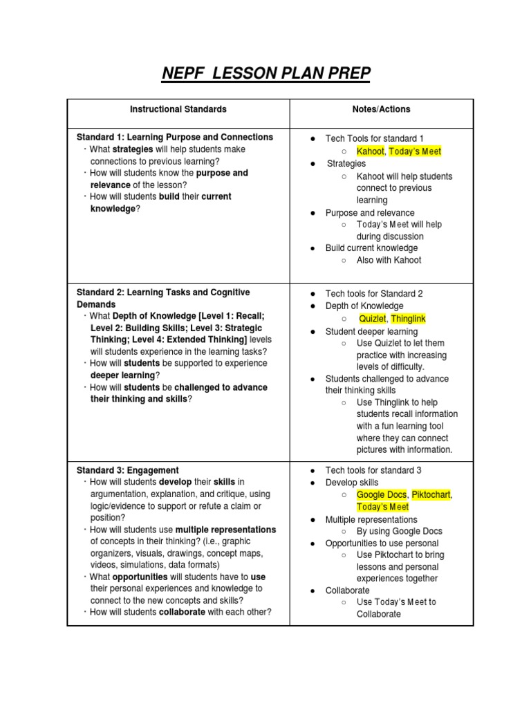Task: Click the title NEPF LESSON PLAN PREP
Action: (265, 73)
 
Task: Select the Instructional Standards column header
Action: (178, 109)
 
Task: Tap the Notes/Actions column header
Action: (381, 109)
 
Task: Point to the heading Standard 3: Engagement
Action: (127, 470)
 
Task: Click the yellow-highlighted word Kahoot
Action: (370, 151)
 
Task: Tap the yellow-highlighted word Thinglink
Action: (409, 318)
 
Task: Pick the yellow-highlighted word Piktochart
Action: (431, 495)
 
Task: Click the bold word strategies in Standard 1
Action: (133, 149)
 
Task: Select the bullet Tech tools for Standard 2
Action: (374, 294)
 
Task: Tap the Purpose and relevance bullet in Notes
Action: (370, 213)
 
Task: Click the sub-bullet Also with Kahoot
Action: (389, 260)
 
